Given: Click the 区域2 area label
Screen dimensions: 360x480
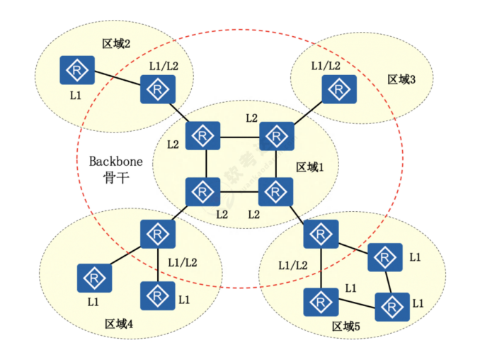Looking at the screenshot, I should (116, 44).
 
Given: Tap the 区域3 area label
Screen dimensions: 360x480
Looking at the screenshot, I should (401, 79).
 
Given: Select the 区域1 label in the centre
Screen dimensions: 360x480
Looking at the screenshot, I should (309, 167).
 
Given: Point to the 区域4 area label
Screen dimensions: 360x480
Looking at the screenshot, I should (119, 324).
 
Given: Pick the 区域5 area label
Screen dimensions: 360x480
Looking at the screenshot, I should (346, 327).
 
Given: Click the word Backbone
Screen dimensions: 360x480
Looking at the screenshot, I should (115, 161).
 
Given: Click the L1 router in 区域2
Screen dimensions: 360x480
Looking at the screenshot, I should (75, 70).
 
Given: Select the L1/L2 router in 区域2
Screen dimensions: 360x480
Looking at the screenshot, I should (157, 90).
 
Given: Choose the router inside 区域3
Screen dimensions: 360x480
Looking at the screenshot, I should (339, 89).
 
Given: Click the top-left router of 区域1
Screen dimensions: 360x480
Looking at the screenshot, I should (203, 135).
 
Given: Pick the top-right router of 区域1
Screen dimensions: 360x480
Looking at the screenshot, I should (276, 135).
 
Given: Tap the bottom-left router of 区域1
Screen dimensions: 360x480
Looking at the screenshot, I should (203, 191).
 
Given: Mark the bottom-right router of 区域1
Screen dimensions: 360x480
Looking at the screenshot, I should (276, 191).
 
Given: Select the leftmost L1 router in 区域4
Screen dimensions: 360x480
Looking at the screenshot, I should (93, 277).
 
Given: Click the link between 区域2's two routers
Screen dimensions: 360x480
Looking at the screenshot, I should (116, 80).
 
